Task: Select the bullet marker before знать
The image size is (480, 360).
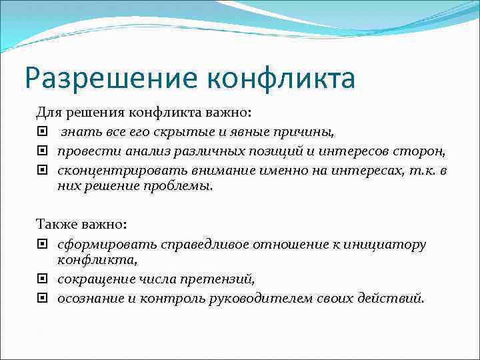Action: click(x=42, y=131)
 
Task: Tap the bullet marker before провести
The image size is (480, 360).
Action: click(x=42, y=151)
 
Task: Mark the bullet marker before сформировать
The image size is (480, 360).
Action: click(x=42, y=245)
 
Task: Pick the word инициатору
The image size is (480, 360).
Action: click(x=387, y=245)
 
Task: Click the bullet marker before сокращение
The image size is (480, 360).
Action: click(x=42, y=278)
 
